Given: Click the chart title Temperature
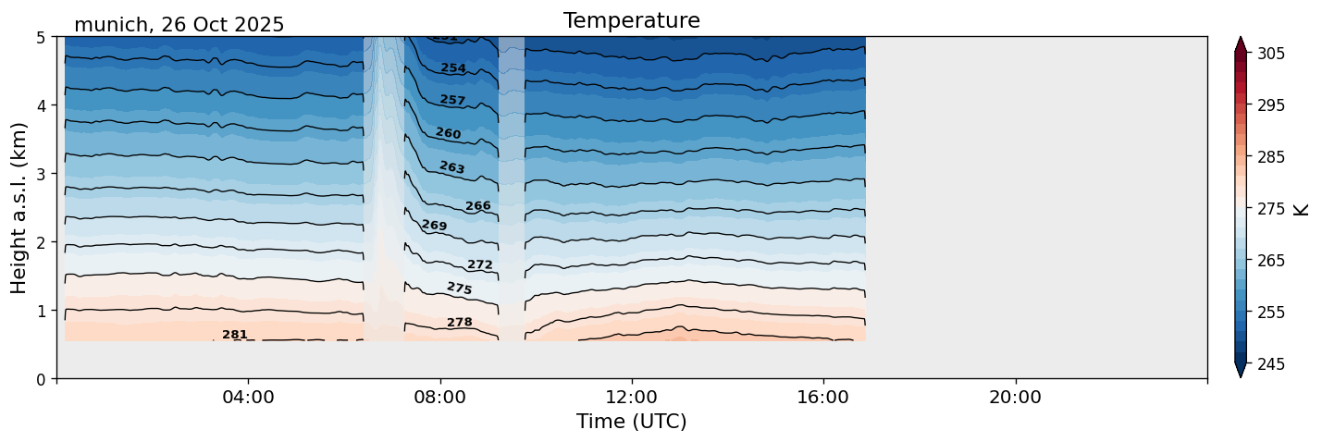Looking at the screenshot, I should [x=631, y=20].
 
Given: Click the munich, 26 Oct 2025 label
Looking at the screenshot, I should [x=179, y=25].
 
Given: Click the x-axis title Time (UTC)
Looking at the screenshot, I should [x=631, y=422].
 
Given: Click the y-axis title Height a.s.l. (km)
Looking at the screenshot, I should [x=19, y=208].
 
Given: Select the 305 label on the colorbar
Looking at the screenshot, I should [x=1268, y=54].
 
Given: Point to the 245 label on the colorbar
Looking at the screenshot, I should [x=1268, y=364].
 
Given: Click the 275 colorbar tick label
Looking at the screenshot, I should [x=1268, y=209].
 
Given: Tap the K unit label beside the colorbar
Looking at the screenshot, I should [x=1302, y=209].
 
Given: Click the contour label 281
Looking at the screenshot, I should [x=235, y=335].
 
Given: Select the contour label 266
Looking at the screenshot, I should [x=478, y=206].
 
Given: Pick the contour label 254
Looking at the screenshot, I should [x=453, y=68].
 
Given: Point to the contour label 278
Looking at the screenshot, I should [x=460, y=323].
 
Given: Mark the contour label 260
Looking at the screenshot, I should [x=449, y=134].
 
